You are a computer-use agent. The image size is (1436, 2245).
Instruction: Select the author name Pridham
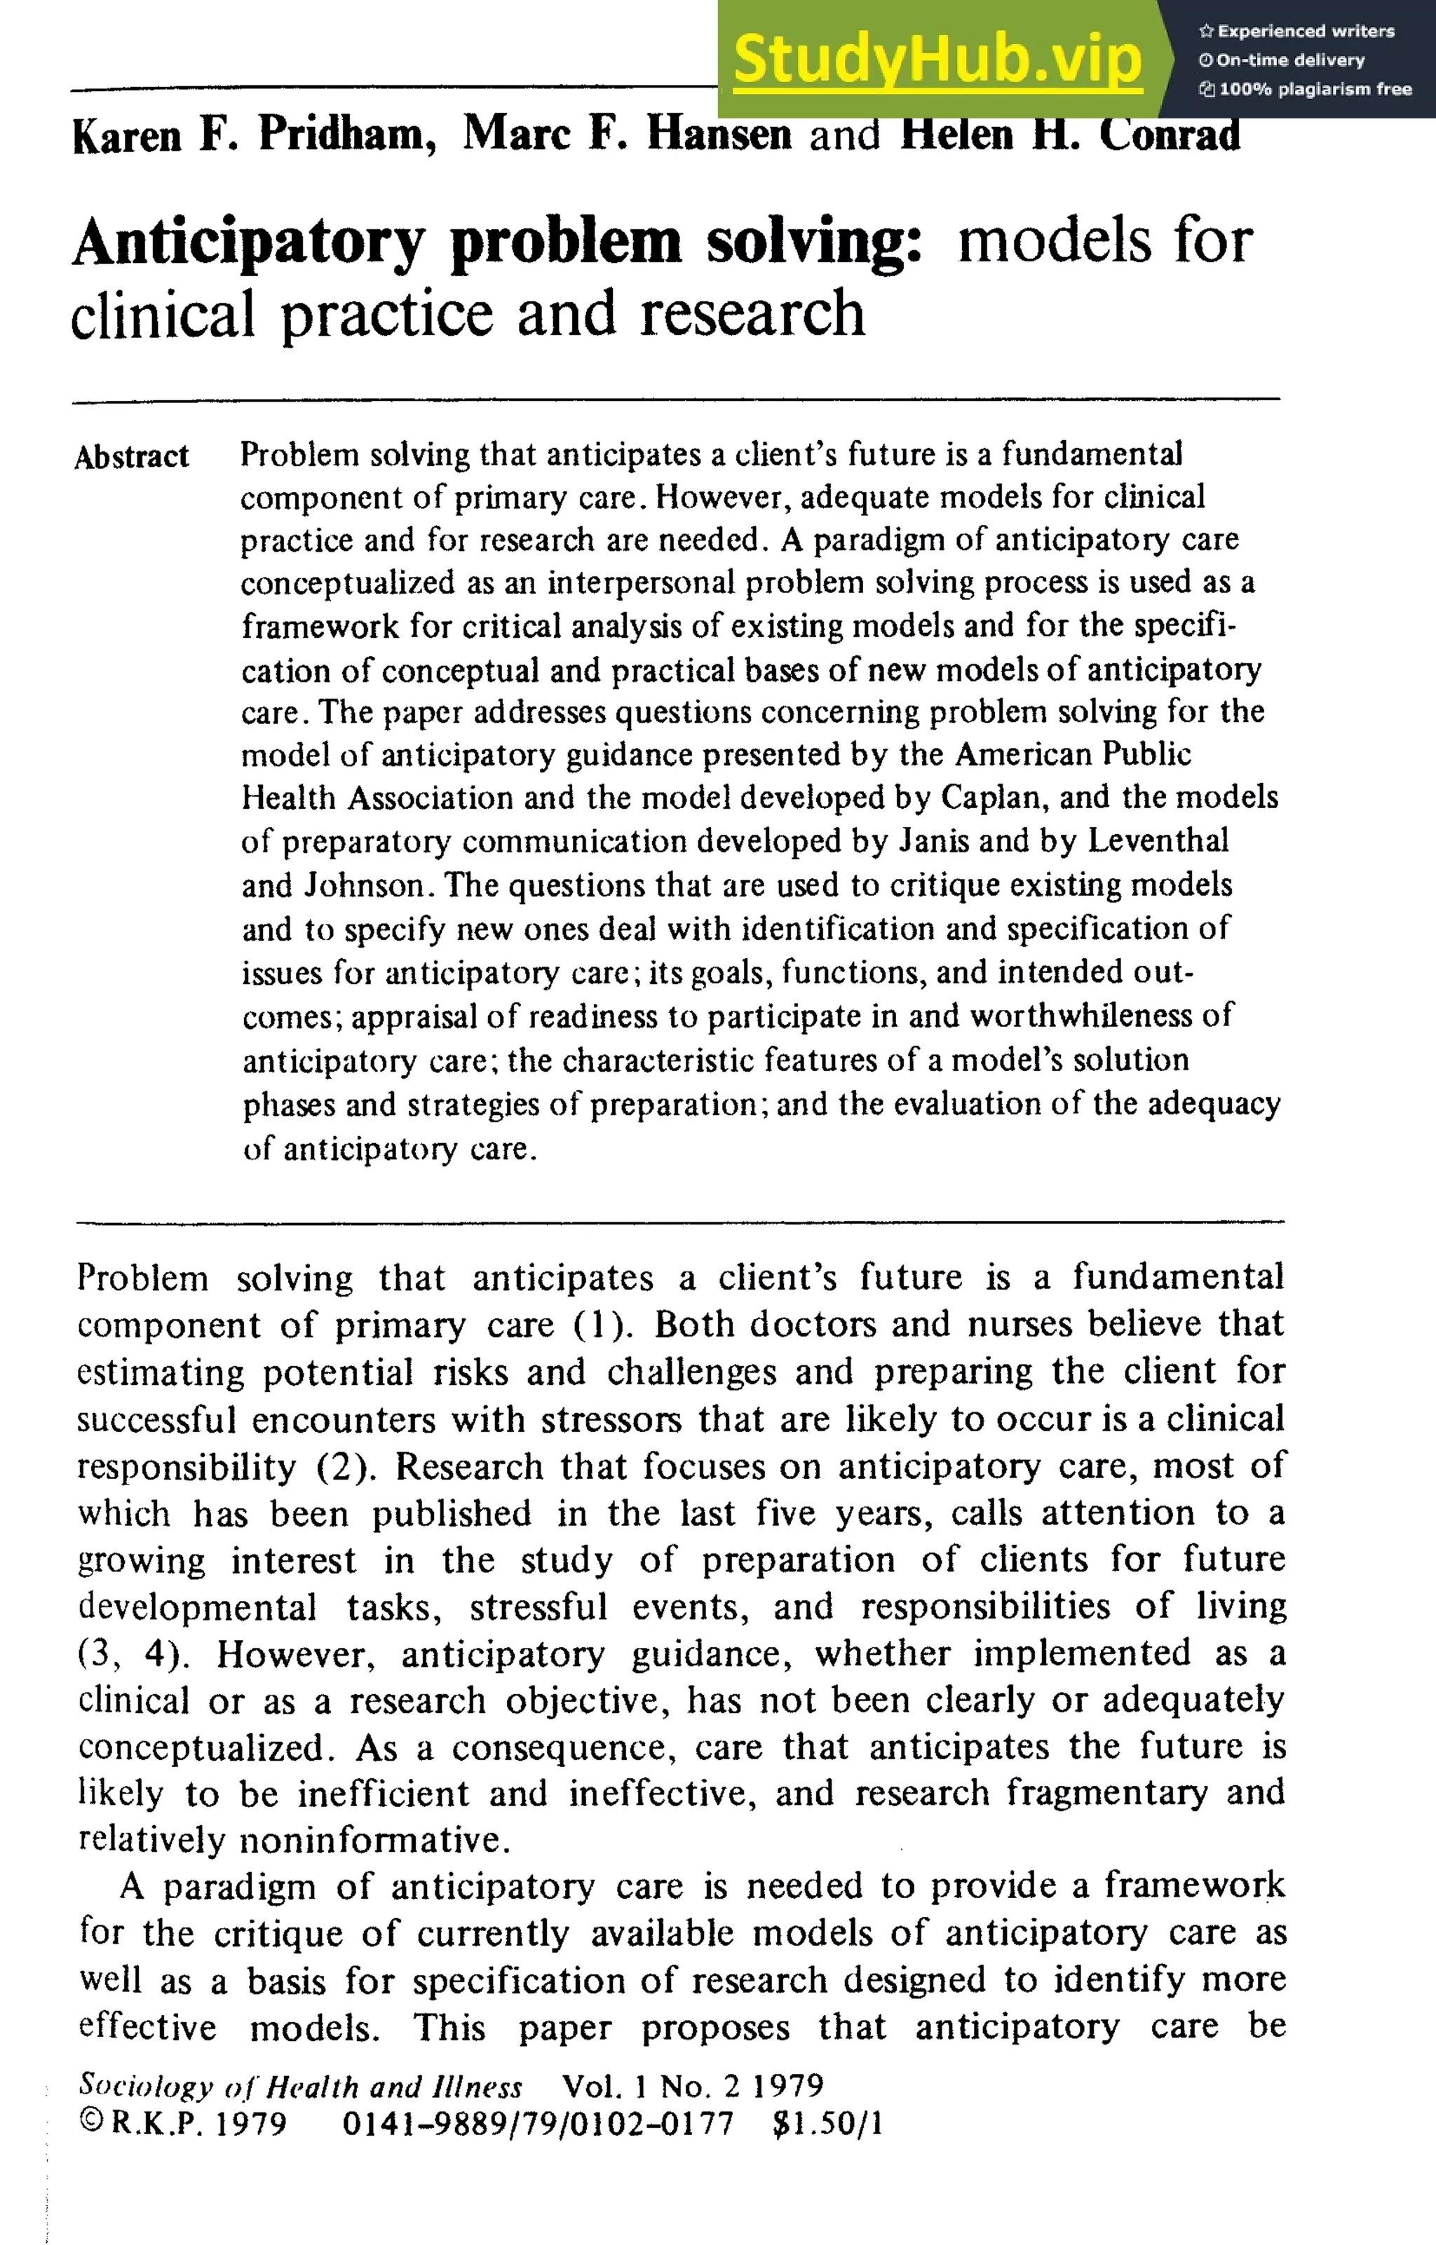(346, 135)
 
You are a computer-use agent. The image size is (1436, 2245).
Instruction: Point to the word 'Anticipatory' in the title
(247, 243)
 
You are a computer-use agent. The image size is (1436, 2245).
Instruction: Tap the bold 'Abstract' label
(132, 457)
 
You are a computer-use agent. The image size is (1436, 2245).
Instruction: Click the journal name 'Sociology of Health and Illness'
(299, 2086)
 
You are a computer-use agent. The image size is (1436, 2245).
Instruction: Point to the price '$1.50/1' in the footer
(827, 2124)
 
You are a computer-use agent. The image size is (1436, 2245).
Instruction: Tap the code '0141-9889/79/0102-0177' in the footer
(537, 2124)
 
